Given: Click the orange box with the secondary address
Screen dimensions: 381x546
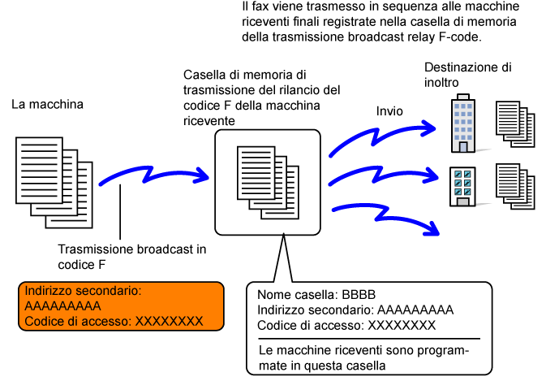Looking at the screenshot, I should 121,306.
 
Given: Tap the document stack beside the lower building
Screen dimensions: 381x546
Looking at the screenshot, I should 513,186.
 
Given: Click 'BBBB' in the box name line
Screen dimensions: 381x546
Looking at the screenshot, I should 354,295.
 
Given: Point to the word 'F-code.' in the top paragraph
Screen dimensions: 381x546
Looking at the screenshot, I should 461,37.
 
